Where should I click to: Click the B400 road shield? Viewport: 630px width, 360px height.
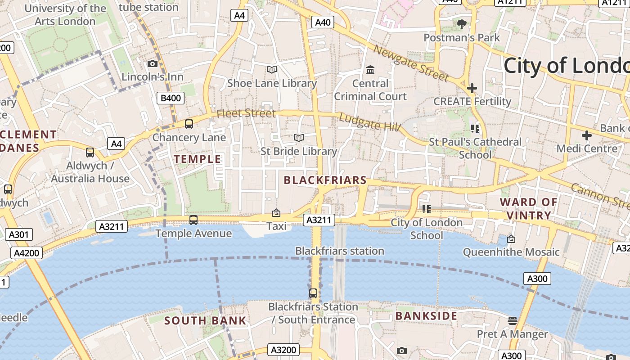pyautogui.click(x=171, y=98)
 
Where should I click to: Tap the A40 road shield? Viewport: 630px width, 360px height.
pyautogui.click(x=323, y=22)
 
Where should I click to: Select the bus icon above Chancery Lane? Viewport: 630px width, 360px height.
pyautogui.click(x=189, y=124)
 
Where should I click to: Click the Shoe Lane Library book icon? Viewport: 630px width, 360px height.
pyautogui.click(x=271, y=69)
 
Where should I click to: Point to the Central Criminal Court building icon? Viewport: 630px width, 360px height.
pyautogui.click(x=370, y=70)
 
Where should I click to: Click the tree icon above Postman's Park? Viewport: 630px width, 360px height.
pyautogui.click(x=461, y=24)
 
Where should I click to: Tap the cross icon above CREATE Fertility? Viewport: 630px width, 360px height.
pyautogui.click(x=472, y=88)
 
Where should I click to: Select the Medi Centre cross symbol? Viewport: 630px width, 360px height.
pyautogui.click(x=586, y=135)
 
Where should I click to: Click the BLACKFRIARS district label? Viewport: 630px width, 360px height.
pyautogui.click(x=325, y=180)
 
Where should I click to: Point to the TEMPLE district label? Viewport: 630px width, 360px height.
pyautogui.click(x=198, y=159)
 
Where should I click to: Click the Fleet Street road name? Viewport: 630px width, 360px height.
pyautogui.click(x=246, y=113)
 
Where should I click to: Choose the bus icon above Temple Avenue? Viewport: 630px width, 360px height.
pyautogui.click(x=193, y=220)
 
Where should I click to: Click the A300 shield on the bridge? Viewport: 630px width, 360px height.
pyautogui.click(x=537, y=279)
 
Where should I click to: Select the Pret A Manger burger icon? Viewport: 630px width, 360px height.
pyautogui.click(x=512, y=320)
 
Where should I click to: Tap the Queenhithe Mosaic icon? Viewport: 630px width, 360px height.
pyautogui.click(x=511, y=239)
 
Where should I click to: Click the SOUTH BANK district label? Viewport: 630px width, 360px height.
pyautogui.click(x=205, y=321)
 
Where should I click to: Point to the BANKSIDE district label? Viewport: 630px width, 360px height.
pyautogui.click(x=426, y=316)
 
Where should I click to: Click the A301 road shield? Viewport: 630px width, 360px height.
pyautogui.click(x=18, y=234)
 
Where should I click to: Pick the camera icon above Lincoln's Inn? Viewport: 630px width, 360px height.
pyautogui.click(x=153, y=63)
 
